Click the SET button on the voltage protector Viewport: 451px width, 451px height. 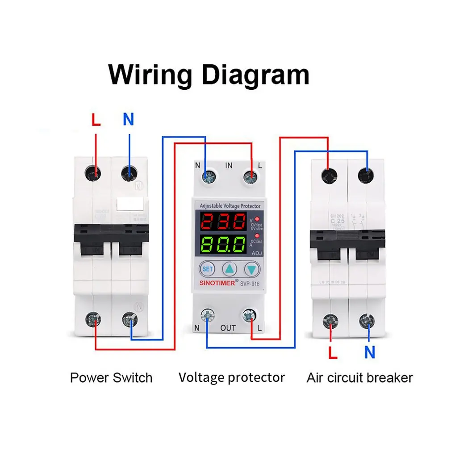click(208, 269)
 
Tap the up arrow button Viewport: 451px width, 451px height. click(230, 269)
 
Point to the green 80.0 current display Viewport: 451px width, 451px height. click(223, 245)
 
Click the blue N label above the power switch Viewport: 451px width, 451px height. click(128, 120)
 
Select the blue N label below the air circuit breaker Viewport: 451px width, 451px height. click(369, 352)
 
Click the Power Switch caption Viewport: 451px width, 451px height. click(111, 378)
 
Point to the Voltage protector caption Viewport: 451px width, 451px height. click(231, 377)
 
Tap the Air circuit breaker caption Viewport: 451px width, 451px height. click(359, 378)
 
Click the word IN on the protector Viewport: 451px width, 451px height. click(229, 166)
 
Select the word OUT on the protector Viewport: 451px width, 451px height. click(228, 328)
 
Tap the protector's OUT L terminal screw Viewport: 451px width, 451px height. click(248, 316)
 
